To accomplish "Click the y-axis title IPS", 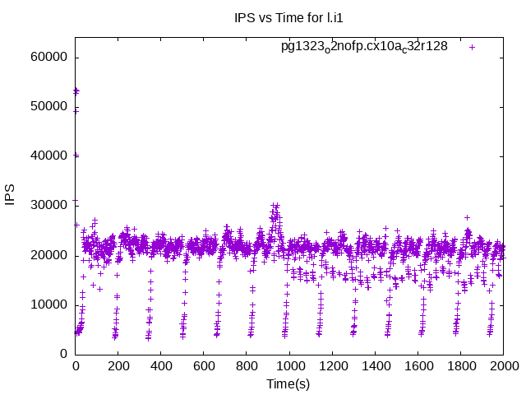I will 11,195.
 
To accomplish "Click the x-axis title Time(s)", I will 289,383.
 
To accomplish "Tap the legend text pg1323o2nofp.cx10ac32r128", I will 364,47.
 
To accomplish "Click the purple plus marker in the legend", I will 473,47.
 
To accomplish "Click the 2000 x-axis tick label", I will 502,366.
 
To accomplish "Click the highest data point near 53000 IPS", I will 76,90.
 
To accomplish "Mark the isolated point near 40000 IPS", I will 76,155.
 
